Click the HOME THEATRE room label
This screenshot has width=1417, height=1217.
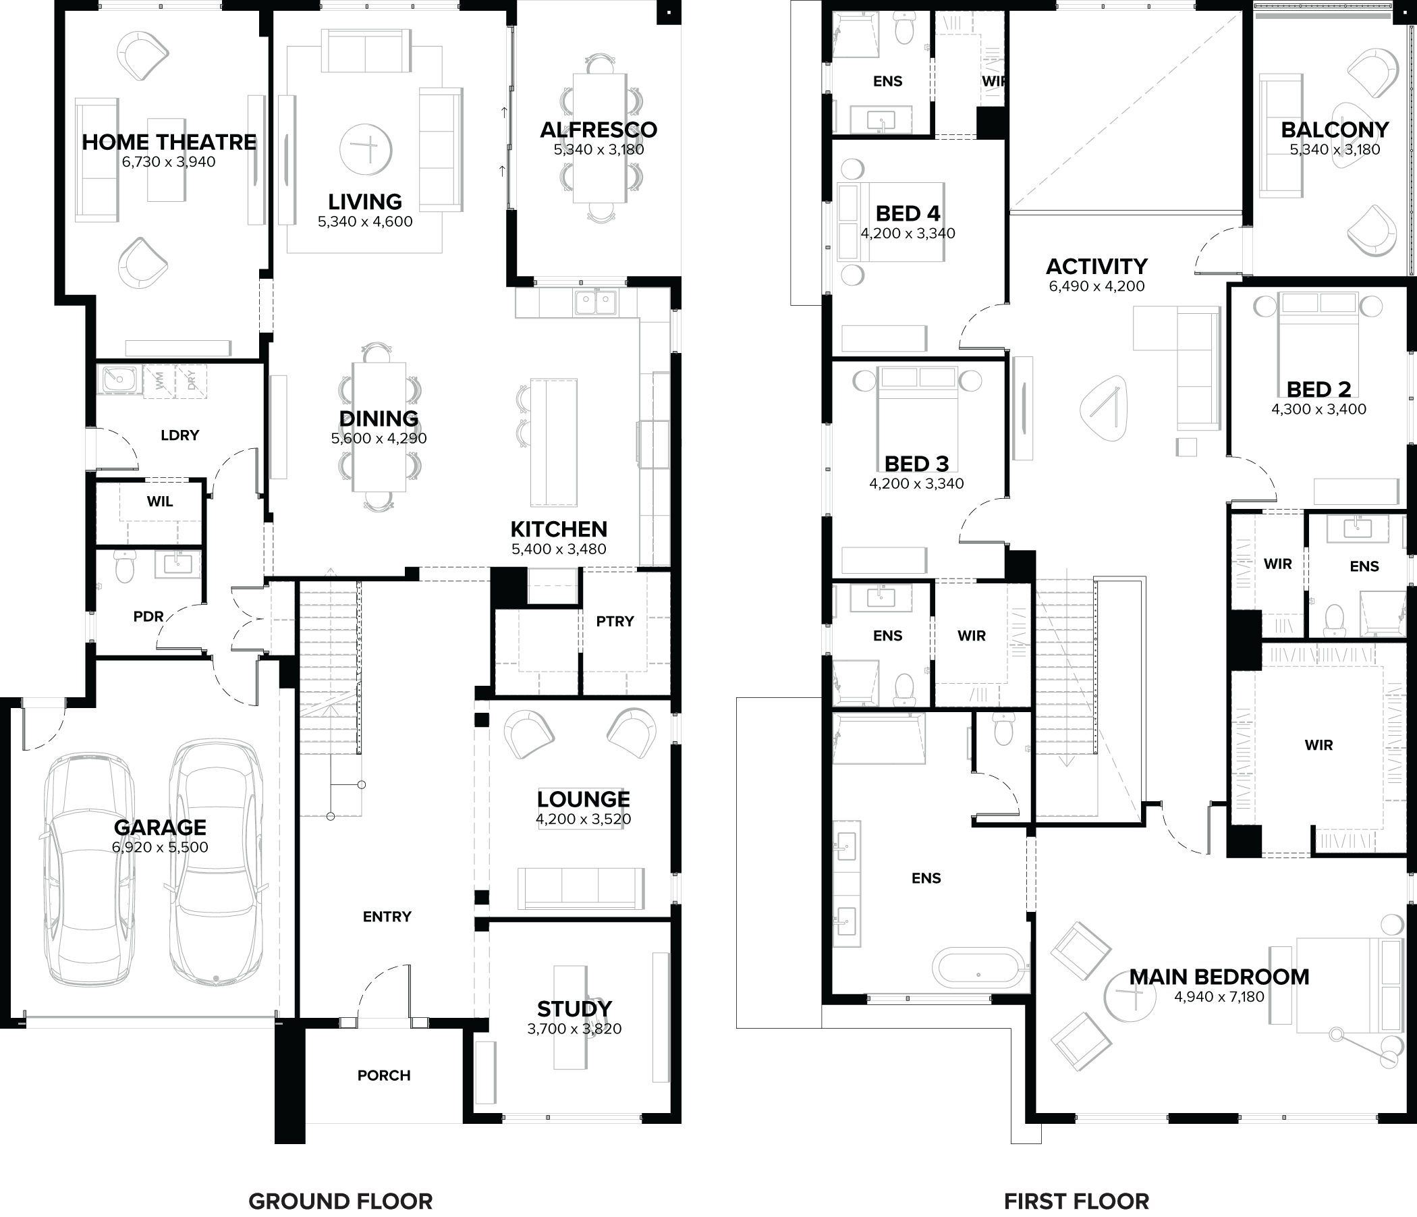(169, 142)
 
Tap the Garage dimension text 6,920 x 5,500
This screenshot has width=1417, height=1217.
(160, 847)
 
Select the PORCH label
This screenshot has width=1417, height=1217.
(384, 1075)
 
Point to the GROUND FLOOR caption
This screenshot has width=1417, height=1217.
(340, 1201)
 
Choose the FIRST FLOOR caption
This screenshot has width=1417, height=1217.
(1076, 1201)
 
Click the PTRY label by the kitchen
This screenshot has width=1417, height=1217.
(615, 621)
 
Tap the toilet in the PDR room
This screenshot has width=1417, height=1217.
(124, 565)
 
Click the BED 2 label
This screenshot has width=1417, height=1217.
(1318, 389)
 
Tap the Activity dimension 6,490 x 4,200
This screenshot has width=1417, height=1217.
(1096, 287)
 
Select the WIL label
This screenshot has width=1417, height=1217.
(159, 502)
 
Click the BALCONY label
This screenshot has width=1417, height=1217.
(1334, 130)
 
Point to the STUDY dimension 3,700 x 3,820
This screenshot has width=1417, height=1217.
(574, 1029)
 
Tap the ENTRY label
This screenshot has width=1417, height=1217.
(387, 917)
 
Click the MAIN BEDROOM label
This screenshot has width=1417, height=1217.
(1219, 977)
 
